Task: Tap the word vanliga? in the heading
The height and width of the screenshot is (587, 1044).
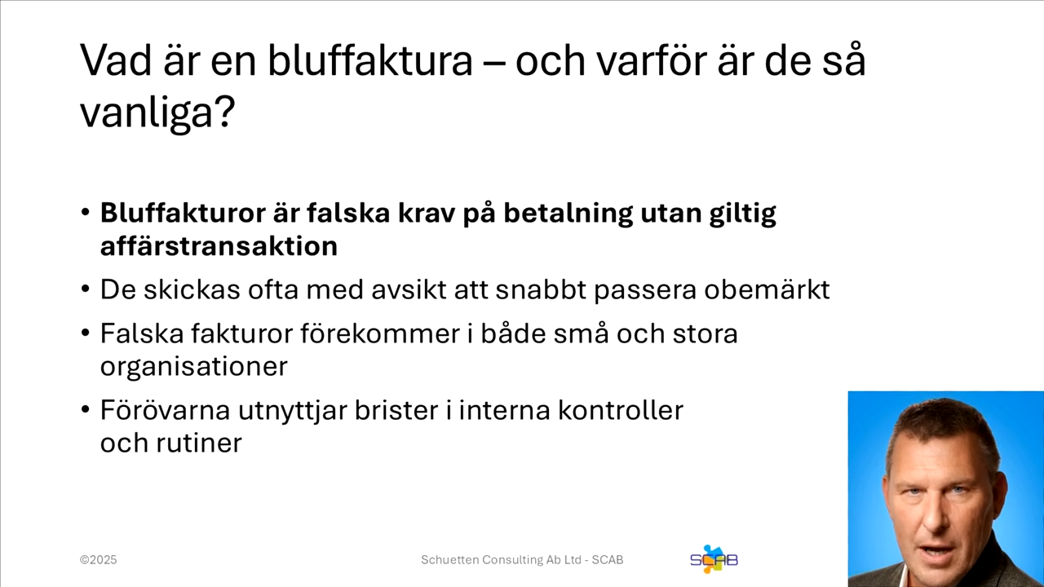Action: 157,112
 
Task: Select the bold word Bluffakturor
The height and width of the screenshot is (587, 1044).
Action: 180,213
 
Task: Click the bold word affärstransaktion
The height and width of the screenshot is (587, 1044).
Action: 219,246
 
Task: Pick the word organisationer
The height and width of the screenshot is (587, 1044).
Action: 193,366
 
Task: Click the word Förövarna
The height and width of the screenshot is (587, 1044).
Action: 165,409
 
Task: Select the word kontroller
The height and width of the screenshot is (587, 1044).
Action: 620,409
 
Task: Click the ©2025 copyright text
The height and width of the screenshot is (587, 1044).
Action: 98,560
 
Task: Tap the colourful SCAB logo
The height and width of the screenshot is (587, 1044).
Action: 714,559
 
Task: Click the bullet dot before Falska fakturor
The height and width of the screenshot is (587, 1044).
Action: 86,333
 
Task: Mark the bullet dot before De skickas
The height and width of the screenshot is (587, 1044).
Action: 86,289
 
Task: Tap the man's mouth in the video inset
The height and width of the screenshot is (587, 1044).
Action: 934,554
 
